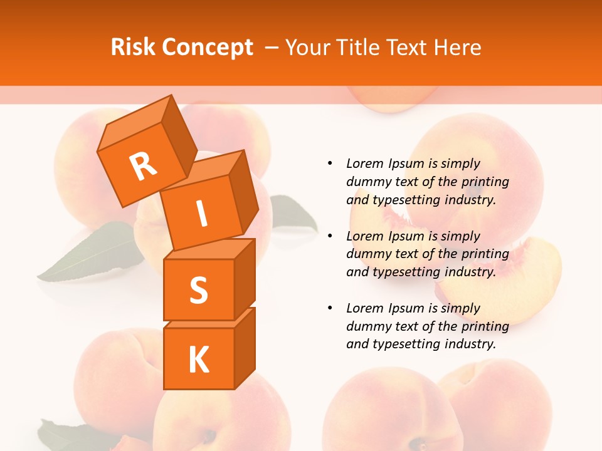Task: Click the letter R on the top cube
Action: (x=143, y=166)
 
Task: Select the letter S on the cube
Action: (x=198, y=290)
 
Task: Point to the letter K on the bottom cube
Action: (x=198, y=360)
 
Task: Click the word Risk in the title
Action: (x=134, y=47)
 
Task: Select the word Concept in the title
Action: (x=207, y=48)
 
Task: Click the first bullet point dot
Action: (x=329, y=163)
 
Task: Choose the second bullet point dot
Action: (x=329, y=236)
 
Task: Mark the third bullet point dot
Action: (x=329, y=308)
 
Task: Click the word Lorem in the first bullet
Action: (x=364, y=163)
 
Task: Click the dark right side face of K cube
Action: (x=245, y=348)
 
